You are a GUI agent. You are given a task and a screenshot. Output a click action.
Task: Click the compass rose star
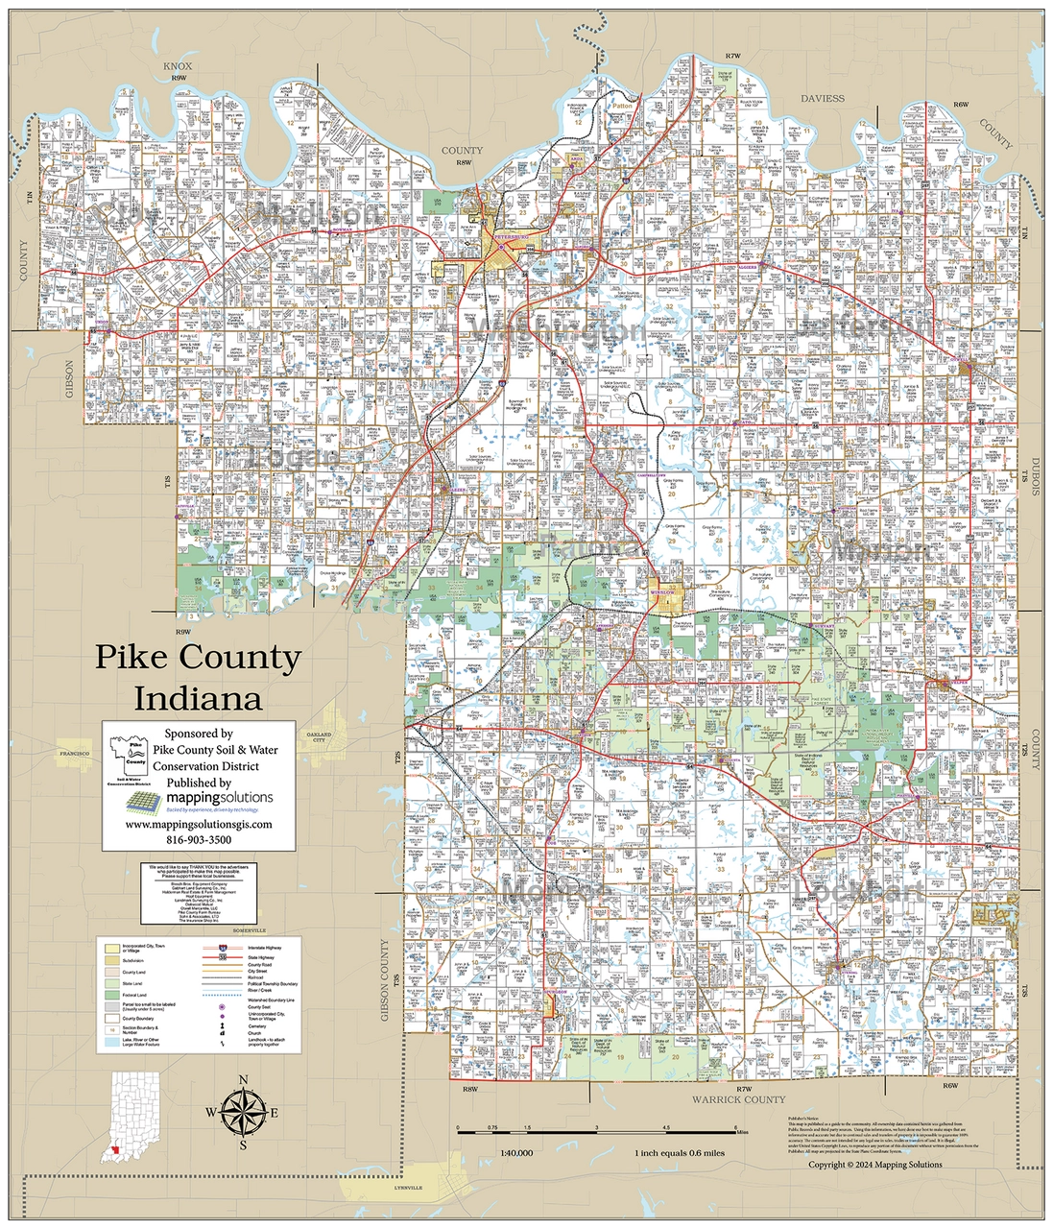point(243,1113)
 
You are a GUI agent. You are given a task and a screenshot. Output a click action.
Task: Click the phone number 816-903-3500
point(199,839)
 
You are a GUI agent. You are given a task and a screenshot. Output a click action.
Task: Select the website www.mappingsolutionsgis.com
point(199,824)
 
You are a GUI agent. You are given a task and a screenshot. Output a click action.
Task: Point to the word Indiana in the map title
point(198,698)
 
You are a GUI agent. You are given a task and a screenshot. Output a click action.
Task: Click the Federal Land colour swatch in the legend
point(113,995)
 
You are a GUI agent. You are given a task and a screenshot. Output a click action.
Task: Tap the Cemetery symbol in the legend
point(223,1026)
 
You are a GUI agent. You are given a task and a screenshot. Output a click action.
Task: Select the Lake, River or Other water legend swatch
point(113,1042)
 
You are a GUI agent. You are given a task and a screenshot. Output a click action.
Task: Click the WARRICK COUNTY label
point(738,1099)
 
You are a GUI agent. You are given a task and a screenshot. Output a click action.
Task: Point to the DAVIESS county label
point(823,98)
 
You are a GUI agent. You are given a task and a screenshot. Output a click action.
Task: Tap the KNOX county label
point(178,66)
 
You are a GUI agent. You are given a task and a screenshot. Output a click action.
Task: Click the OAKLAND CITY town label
point(319,737)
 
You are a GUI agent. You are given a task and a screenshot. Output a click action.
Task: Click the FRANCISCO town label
point(74,754)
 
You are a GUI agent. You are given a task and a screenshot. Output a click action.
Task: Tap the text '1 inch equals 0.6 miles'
point(680,1153)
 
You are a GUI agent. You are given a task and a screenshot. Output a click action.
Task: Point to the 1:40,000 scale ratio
point(516,1153)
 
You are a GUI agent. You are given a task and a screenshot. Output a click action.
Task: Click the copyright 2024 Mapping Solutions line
point(874,1165)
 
